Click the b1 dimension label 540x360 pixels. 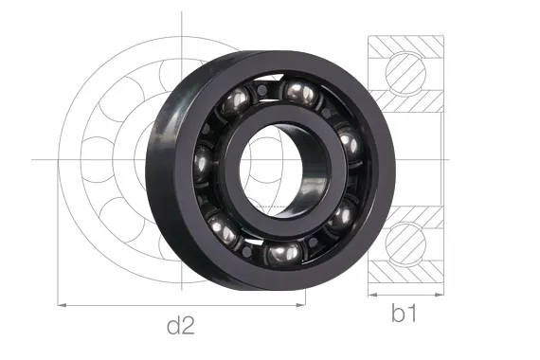405,315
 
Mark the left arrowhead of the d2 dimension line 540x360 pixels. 63,305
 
